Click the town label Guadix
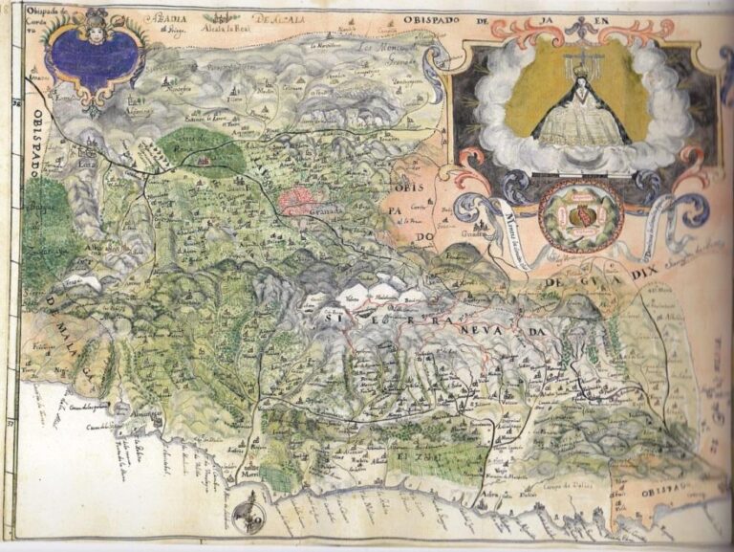coord(467,232)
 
